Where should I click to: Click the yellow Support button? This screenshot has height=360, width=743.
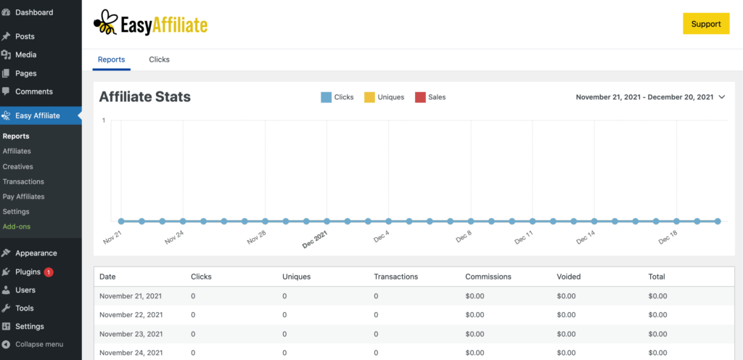pos(705,24)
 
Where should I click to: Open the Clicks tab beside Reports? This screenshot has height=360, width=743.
pos(159,60)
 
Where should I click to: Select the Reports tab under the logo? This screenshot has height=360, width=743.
pos(111,60)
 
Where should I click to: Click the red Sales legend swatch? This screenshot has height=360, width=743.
pos(419,97)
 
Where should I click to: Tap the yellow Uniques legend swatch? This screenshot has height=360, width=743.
pos(369,97)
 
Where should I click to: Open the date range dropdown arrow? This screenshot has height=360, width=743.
pos(721,97)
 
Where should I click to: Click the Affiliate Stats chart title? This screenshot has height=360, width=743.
pos(144,97)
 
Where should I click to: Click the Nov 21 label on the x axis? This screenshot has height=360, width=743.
pos(112,236)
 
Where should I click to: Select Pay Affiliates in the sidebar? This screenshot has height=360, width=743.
pos(23,197)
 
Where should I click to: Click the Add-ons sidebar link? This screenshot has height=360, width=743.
pos(17,226)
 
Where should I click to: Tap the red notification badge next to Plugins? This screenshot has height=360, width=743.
pos(49,272)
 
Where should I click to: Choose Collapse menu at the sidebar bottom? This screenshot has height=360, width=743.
pos(39,344)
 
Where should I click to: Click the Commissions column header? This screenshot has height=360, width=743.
pos(488,277)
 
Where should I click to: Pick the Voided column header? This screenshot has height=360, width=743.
pos(569,277)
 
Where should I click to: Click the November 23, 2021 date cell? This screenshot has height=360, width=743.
pos(131,334)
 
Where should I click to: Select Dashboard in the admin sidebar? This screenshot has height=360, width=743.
pos(34,12)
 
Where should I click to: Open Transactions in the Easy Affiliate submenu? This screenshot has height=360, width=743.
pos(23,181)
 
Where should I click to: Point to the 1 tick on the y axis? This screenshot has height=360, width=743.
pos(104,120)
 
